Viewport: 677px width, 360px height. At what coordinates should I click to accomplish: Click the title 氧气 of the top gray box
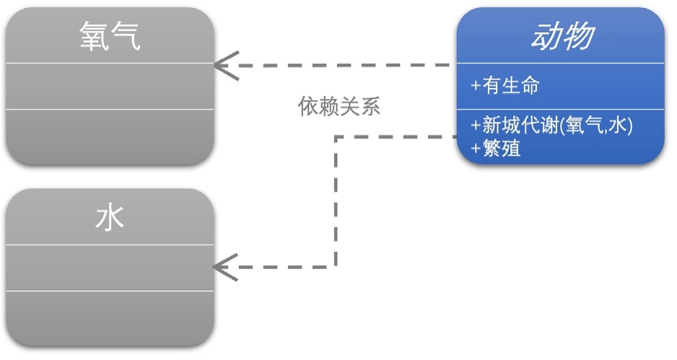coord(110,37)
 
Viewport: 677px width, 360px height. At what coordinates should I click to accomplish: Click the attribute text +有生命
coord(505,86)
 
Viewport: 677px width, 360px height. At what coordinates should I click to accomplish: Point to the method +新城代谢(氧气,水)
coord(552,126)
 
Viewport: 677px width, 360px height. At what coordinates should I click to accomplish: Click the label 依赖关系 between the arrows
coord(339,107)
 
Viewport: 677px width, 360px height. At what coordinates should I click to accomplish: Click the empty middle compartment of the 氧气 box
coord(110,86)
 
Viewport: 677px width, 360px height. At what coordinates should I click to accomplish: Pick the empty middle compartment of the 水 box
coord(110,268)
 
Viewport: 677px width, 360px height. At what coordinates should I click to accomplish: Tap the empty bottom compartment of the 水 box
coord(110,317)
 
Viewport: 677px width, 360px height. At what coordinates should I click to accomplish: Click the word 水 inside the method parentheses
coord(616,126)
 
